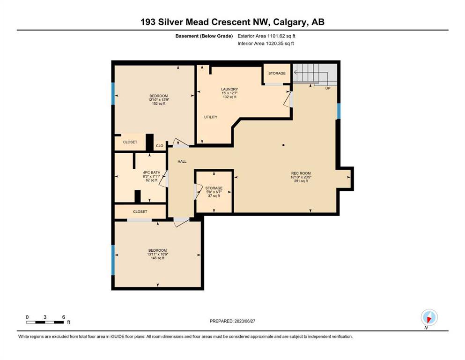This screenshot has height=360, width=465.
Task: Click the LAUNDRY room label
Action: pyautogui.click(x=229, y=89)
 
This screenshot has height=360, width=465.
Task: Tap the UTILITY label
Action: pyautogui.click(x=211, y=117)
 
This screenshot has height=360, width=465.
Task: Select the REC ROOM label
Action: pyautogui.click(x=301, y=173)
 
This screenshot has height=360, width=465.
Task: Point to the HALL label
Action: pyautogui.click(x=182, y=161)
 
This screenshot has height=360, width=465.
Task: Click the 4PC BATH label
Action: pyautogui.click(x=152, y=172)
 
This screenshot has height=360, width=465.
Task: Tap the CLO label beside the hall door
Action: pyautogui.click(x=160, y=146)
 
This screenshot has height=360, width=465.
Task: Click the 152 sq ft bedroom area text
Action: pyautogui.click(x=159, y=104)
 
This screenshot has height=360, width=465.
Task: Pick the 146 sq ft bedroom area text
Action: pyautogui.click(x=158, y=258)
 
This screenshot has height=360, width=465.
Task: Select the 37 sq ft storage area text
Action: pyautogui.click(x=214, y=196)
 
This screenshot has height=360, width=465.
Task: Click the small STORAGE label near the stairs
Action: pyautogui.click(x=277, y=73)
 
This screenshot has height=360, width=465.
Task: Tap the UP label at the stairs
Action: pyautogui.click(x=328, y=89)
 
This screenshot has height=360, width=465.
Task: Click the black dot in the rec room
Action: pyautogui.click(x=283, y=145)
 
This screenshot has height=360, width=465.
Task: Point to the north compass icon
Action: pyautogui.click(x=429, y=317)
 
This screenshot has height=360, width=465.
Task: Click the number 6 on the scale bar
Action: pyautogui.click(x=64, y=317)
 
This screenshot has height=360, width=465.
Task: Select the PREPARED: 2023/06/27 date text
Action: pyautogui.click(x=232, y=321)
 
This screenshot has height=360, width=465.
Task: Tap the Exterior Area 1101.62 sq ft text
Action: pyautogui.click(x=266, y=36)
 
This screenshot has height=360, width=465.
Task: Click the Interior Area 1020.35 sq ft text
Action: pyautogui.click(x=266, y=43)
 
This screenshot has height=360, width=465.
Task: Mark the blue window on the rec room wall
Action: pyautogui.click(x=339, y=111)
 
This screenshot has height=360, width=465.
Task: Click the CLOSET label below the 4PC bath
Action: pyautogui.click(x=140, y=211)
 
